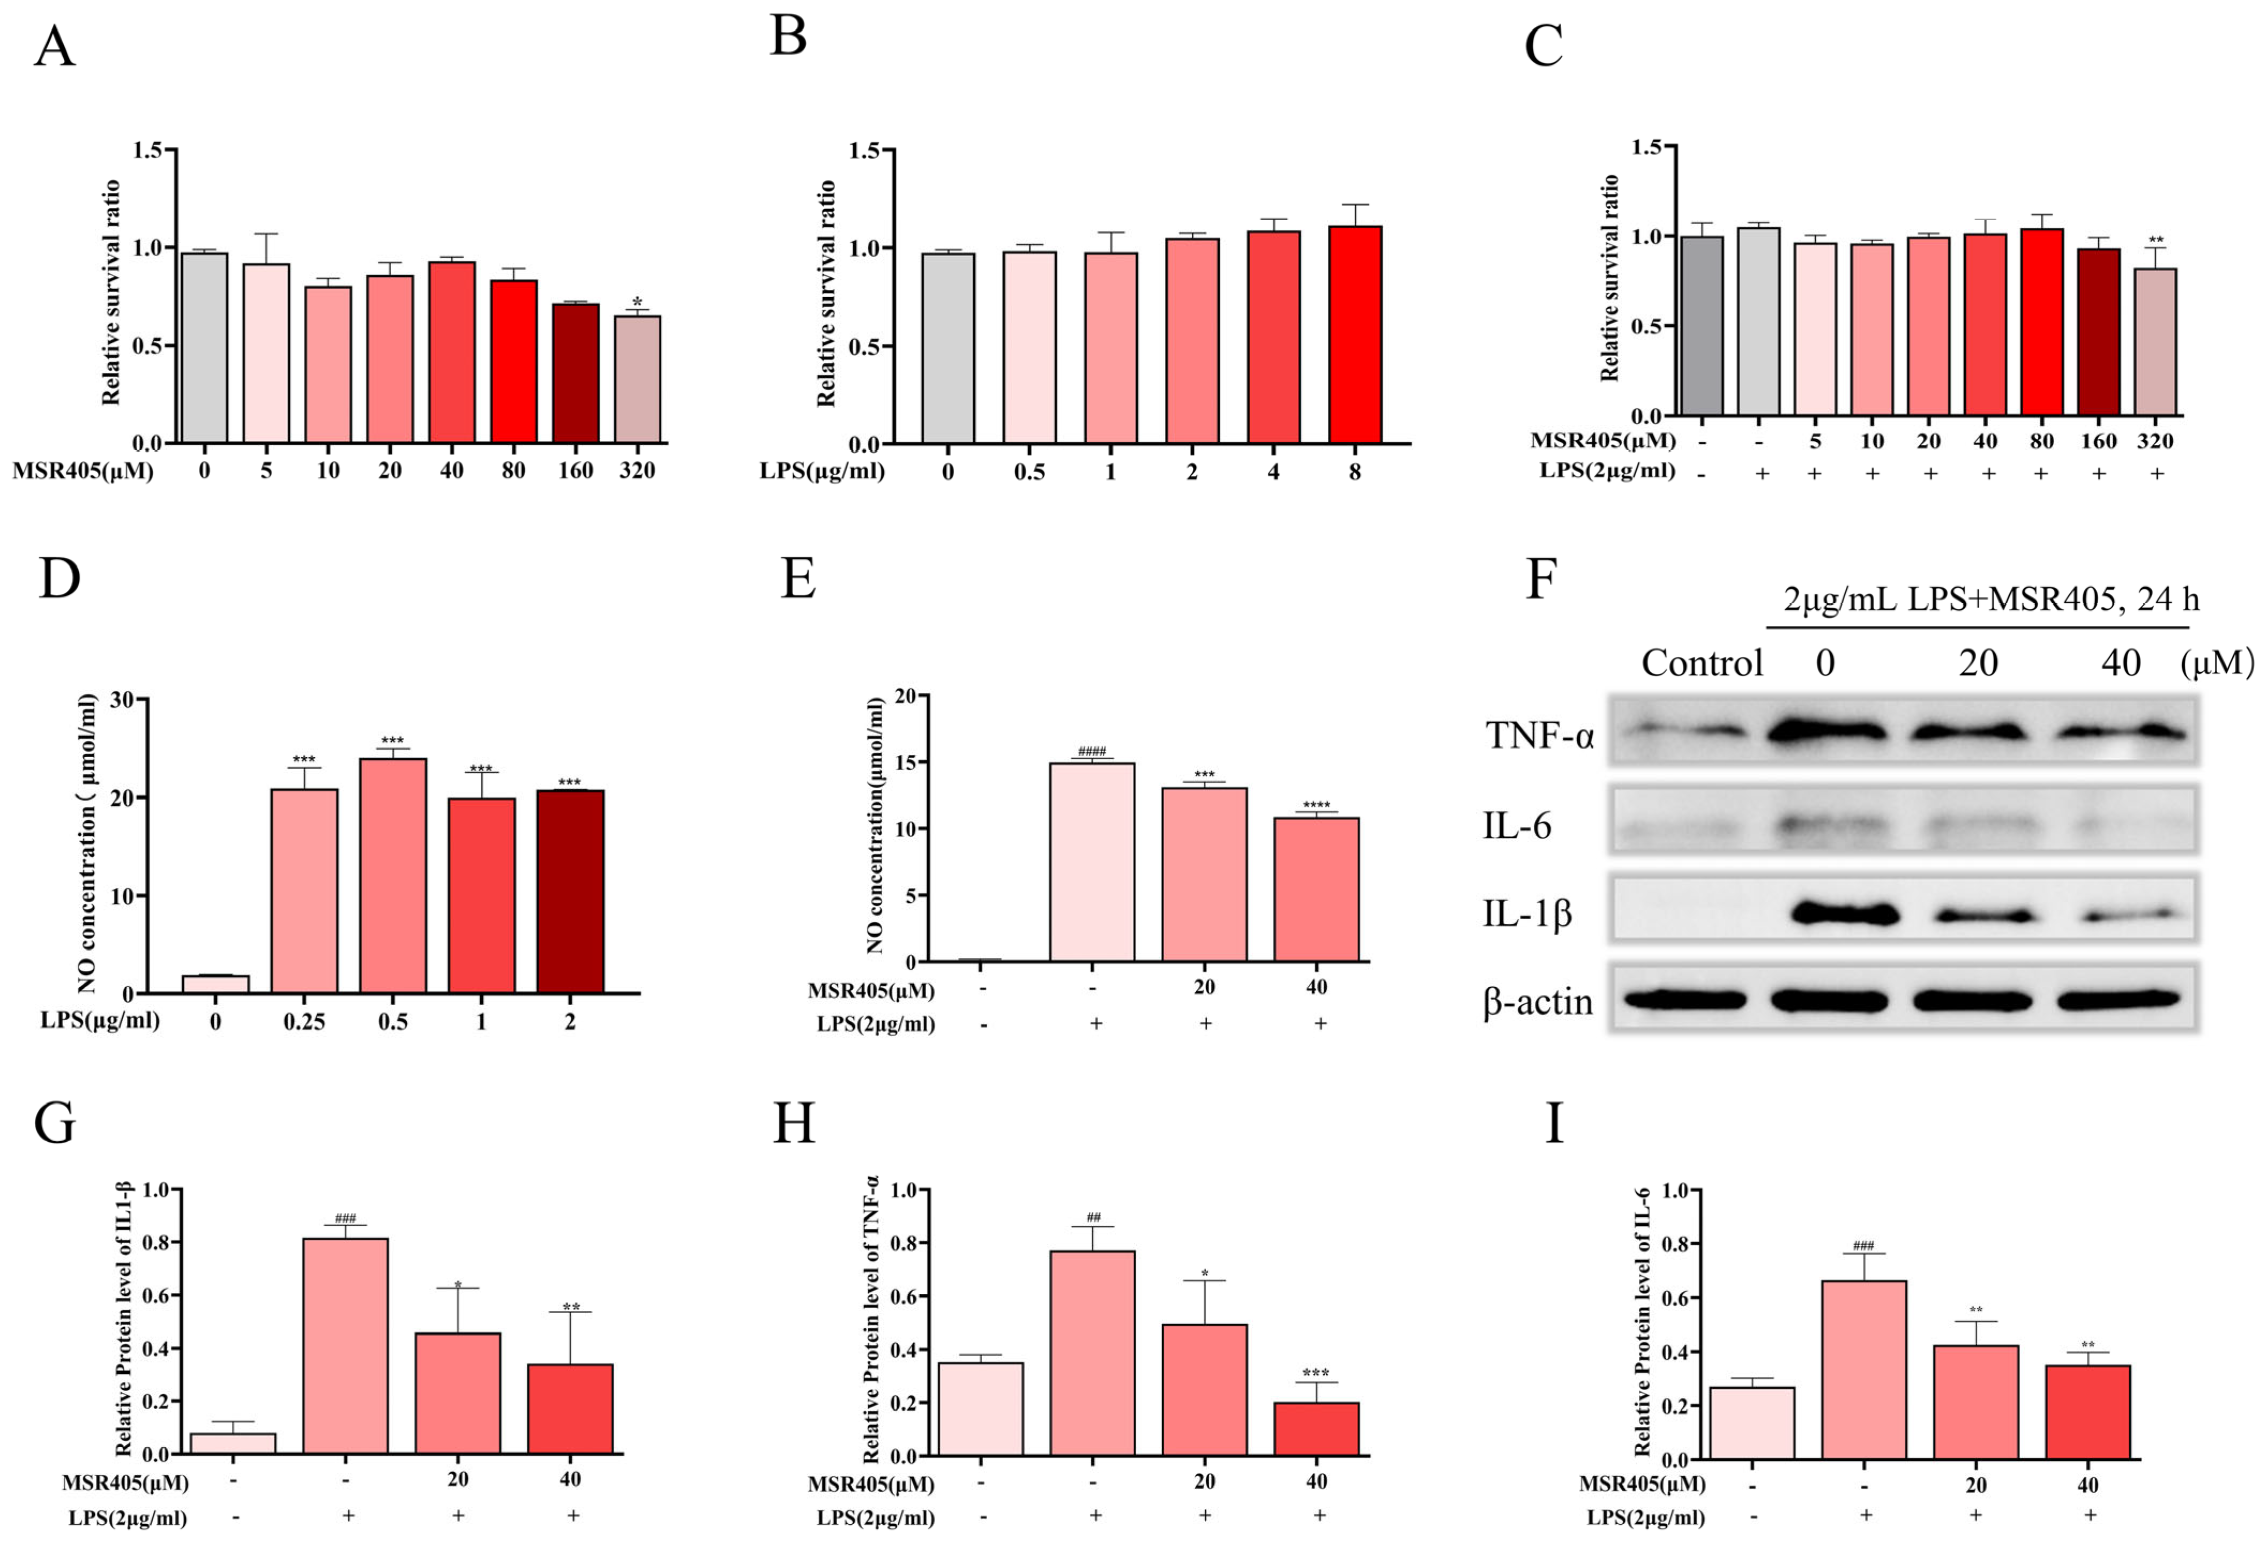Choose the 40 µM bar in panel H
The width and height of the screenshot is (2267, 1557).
point(1316,1428)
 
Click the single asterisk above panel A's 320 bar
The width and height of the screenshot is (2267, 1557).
point(637,302)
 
